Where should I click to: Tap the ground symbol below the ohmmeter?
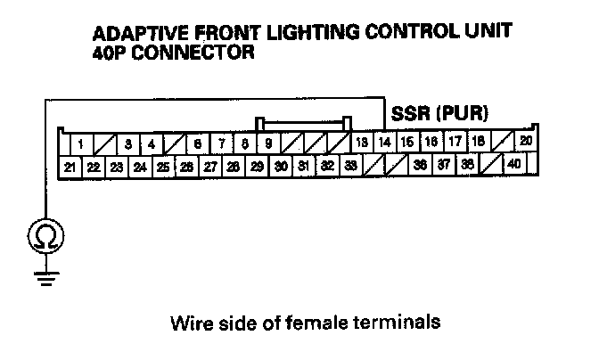tap(42, 276)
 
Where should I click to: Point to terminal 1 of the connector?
tap(81, 143)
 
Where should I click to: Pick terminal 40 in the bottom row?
tap(514, 165)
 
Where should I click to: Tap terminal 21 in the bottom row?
tap(70, 166)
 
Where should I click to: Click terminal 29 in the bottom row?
tap(256, 166)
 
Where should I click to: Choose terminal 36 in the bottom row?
tap(420, 165)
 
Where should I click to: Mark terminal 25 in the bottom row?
tap(163, 166)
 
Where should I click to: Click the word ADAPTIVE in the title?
tap(133, 35)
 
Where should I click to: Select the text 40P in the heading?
tap(109, 53)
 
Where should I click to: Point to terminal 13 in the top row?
tap(362, 143)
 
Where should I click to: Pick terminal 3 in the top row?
tap(128, 143)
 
